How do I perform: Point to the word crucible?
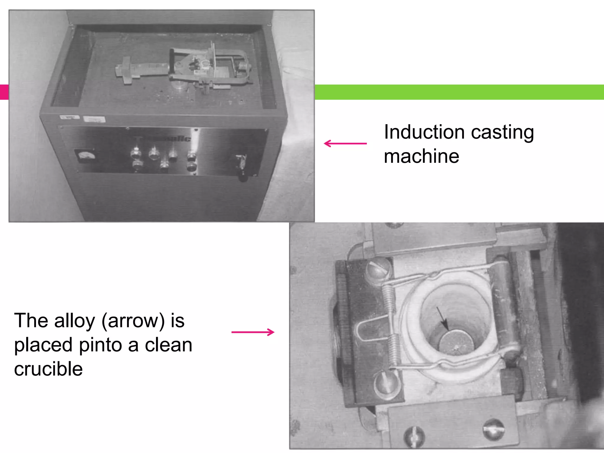click(48, 369)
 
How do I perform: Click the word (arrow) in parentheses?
click(133, 321)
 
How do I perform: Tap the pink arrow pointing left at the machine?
click(345, 144)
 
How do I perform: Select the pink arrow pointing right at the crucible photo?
click(253, 332)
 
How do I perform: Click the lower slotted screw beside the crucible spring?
click(386, 385)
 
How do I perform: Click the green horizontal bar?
click(459, 92)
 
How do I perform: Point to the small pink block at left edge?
click(4, 92)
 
